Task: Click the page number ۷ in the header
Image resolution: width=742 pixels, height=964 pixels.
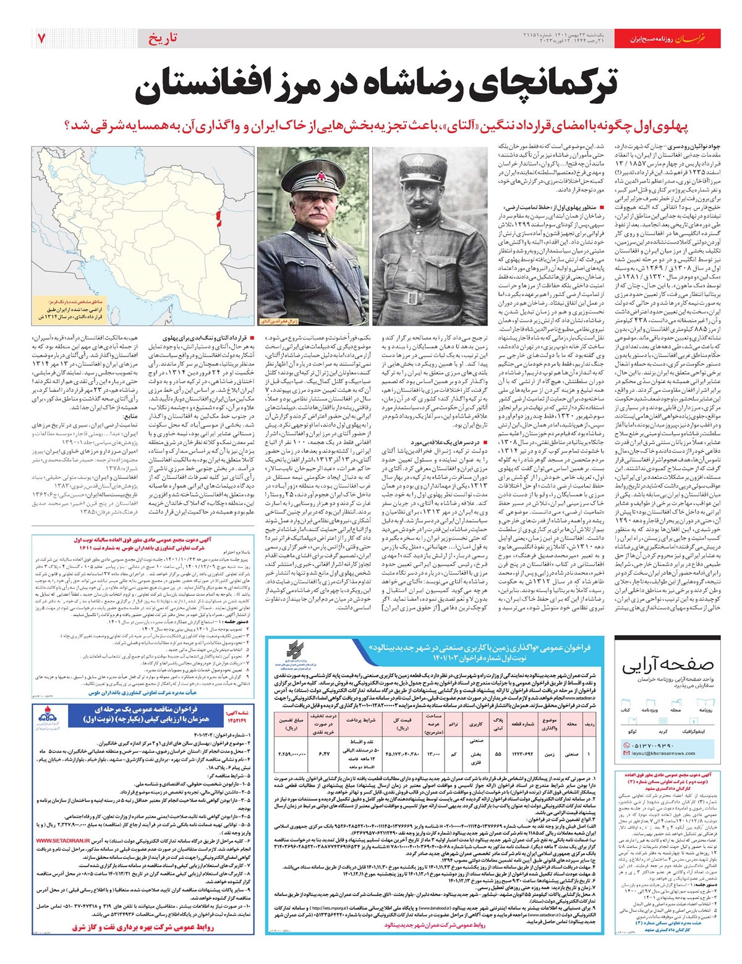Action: point(41,38)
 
